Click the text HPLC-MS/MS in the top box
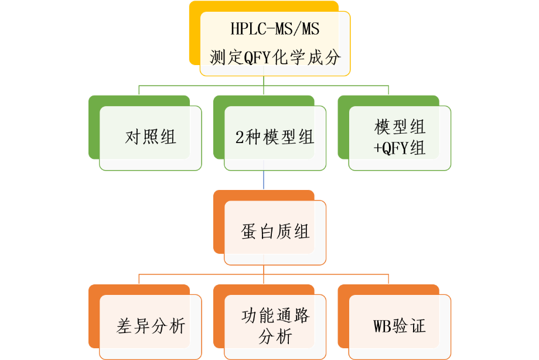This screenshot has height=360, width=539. [275, 29]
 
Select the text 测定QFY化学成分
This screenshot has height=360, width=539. [275, 57]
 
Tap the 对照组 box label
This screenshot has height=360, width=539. [151, 137]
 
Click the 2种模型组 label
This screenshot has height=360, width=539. [275, 137]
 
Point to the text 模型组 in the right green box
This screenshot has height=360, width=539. [400, 127]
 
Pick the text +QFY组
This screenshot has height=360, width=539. [400, 148]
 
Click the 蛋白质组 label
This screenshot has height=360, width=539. [275, 231]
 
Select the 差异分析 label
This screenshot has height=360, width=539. [151, 326]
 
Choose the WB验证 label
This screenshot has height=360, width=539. [400, 326]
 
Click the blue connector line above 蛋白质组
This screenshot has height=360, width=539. [264, 179]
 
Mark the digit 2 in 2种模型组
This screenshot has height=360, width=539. [240, 137]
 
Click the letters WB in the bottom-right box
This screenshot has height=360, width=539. [382, 326]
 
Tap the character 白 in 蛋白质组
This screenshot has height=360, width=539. [267, 232]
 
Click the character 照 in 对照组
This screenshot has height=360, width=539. [151, 137]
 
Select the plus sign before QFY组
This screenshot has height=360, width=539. [377, 148]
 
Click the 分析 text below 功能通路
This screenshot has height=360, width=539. [275, 337]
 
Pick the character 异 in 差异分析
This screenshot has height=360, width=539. [142, 326]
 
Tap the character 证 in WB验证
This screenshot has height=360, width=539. [418, 326]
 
